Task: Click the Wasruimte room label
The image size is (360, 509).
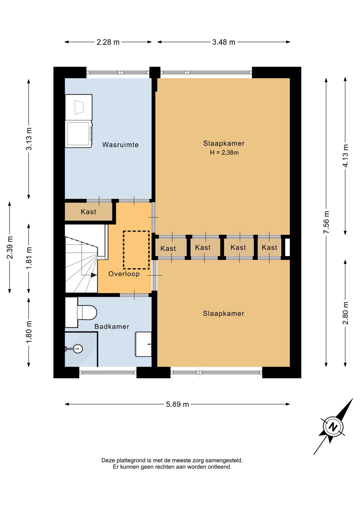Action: [x=120, y=144]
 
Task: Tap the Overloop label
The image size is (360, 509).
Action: [x=124, y=274]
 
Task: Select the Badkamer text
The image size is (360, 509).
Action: [x=112, y=327]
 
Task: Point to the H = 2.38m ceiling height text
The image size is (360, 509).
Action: [x=224, y=152]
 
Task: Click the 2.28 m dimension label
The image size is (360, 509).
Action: [x=108, y=42]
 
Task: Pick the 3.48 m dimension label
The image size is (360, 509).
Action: [x=223, y=42]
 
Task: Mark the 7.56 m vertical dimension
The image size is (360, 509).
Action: [x=326, y=222]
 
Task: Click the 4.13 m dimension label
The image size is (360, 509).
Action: [x=345, y=156]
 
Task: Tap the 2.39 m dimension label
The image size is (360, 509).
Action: [x=10, y=247]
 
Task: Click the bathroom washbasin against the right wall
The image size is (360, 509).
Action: [x=143, y=344]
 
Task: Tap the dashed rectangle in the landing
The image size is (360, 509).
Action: [x=136, y=250]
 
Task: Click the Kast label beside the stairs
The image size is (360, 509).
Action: [x=88, y=212]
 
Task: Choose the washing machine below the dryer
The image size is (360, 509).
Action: [x=79, y=134]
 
